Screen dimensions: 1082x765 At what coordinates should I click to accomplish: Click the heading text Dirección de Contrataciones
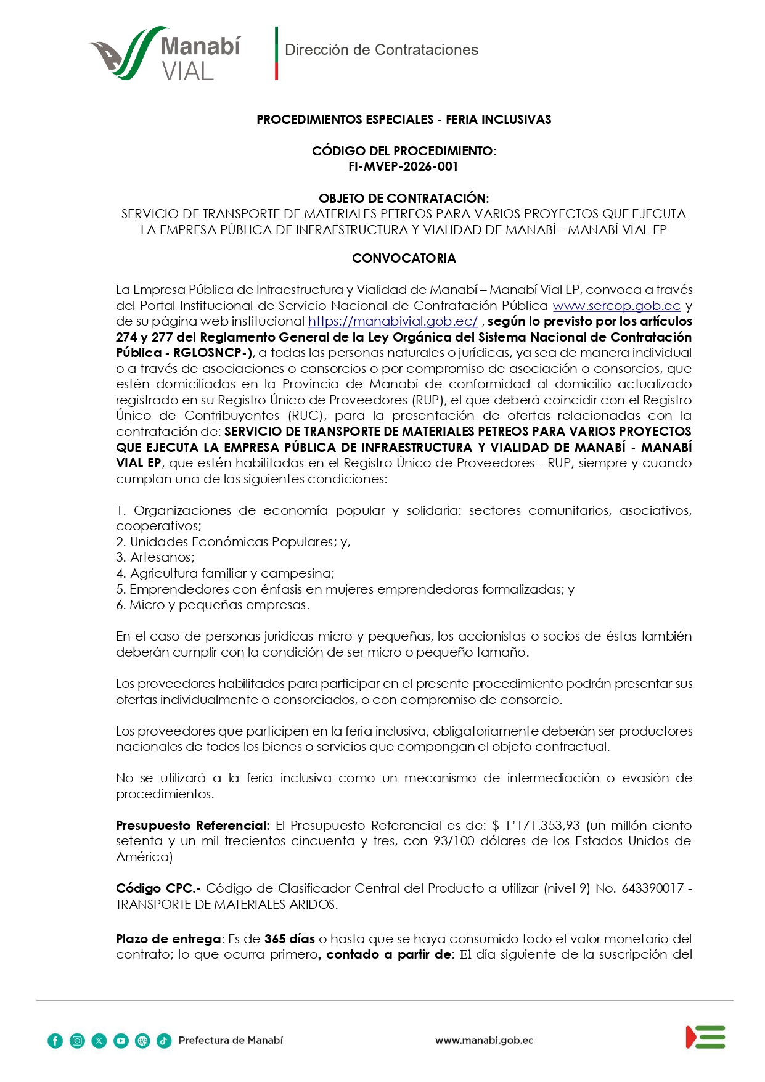tap(381, 50)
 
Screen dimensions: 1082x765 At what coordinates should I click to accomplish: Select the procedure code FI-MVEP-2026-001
tap(403, 166)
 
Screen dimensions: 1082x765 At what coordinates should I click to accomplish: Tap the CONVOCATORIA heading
tap(404, 258)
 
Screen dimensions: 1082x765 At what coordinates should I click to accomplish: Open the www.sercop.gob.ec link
tap(616, 306)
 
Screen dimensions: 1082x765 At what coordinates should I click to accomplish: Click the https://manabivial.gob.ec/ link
tap(393, 321)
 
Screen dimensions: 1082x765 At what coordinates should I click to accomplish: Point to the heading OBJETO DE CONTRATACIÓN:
tap(404, 198)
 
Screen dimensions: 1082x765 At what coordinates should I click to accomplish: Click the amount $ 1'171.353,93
tap(536, 826)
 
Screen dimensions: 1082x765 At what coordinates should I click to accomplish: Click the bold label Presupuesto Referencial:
tap(192, 826)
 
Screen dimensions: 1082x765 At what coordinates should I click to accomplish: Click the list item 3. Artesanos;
tap(155, 557)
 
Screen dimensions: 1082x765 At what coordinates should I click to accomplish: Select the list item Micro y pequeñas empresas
tap(213, 605)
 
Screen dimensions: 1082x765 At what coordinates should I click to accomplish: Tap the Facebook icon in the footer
tap(55, 1041)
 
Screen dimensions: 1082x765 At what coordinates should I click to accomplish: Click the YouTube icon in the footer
tap(121, 1041)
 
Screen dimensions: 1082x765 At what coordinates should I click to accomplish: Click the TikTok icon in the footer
tap(164, 1041)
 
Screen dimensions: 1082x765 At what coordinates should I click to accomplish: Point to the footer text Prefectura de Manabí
tap(231, 1041)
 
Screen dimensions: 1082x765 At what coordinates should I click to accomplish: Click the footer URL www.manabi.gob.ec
tap(484, 1041)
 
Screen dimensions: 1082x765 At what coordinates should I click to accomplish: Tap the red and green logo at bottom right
tap(705, 1037)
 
